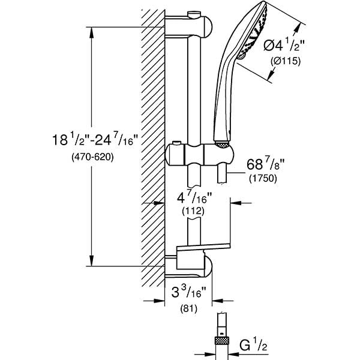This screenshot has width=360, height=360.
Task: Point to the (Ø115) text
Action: (x=286, y=61)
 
